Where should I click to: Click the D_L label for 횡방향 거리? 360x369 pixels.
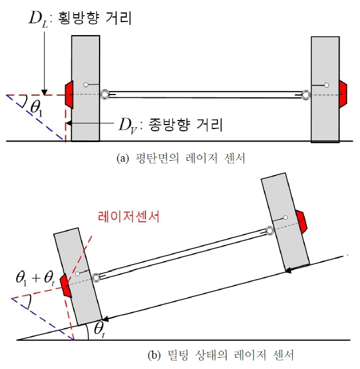pos(38,19)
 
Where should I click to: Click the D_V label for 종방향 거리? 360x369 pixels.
pos(127,126)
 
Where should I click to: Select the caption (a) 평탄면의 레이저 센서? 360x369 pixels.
pos(181,158)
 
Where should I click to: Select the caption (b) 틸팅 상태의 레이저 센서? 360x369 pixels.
pos(221,355)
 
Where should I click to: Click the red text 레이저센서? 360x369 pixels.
pos(128,217)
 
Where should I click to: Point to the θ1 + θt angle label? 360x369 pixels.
pos(35,278)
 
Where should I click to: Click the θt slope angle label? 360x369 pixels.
pos(99,329)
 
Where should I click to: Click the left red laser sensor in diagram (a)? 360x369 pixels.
pos(70,95)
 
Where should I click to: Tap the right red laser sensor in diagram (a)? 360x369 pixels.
pos(343,94)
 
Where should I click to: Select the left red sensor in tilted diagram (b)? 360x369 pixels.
pos(66,286)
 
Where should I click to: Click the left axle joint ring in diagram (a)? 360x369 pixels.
pos(105,94)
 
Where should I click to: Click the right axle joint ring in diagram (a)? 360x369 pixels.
pos(306,95)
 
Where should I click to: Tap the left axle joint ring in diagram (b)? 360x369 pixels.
pos(96,278)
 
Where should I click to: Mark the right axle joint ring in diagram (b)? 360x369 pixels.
pos(269,231)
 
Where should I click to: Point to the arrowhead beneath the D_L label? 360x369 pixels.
pos(45,92)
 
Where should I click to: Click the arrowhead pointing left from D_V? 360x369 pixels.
pos(68,123)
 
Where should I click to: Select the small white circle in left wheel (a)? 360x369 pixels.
pos(86,84)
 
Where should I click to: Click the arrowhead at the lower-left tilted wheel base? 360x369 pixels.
pos(105,319)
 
